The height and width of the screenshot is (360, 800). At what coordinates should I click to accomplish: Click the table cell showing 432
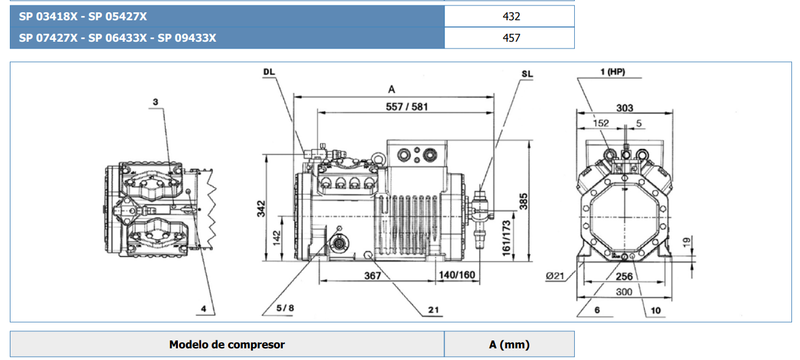pyautogui.click(x=510, y=17)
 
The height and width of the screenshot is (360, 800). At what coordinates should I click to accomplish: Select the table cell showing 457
pyautogui.click(x=510, y=38)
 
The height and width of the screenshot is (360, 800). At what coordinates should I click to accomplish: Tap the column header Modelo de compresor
pyautogui.click(x=227, y=345)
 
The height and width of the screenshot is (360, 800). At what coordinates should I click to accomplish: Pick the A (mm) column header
pyautogui.click(x=509, y=345)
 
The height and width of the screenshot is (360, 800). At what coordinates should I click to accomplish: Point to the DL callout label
pyautogui.click(x=269, y=72)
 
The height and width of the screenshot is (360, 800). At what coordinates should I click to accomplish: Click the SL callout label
pyautogui.click(x=527, y=74)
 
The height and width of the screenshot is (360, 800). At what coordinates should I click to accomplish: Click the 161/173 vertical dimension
pyautogui.click(x=506, y=239)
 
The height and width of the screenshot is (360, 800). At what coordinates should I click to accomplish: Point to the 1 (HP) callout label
pyautogui.click(x=612, y=72)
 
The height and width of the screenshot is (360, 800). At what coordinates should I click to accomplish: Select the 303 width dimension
pyautogui.click(x=625, y=109)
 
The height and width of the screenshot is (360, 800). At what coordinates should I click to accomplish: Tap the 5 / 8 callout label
pyautogui.click(x=285, y=308)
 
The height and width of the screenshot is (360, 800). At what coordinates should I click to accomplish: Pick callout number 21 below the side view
pyautogui.click(x=434, y=310)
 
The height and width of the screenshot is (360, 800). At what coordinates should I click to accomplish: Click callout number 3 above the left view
pyautogui.click(x=156, y=102)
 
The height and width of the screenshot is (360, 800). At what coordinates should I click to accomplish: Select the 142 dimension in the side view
pyautogui.click(x=276, y=235)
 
